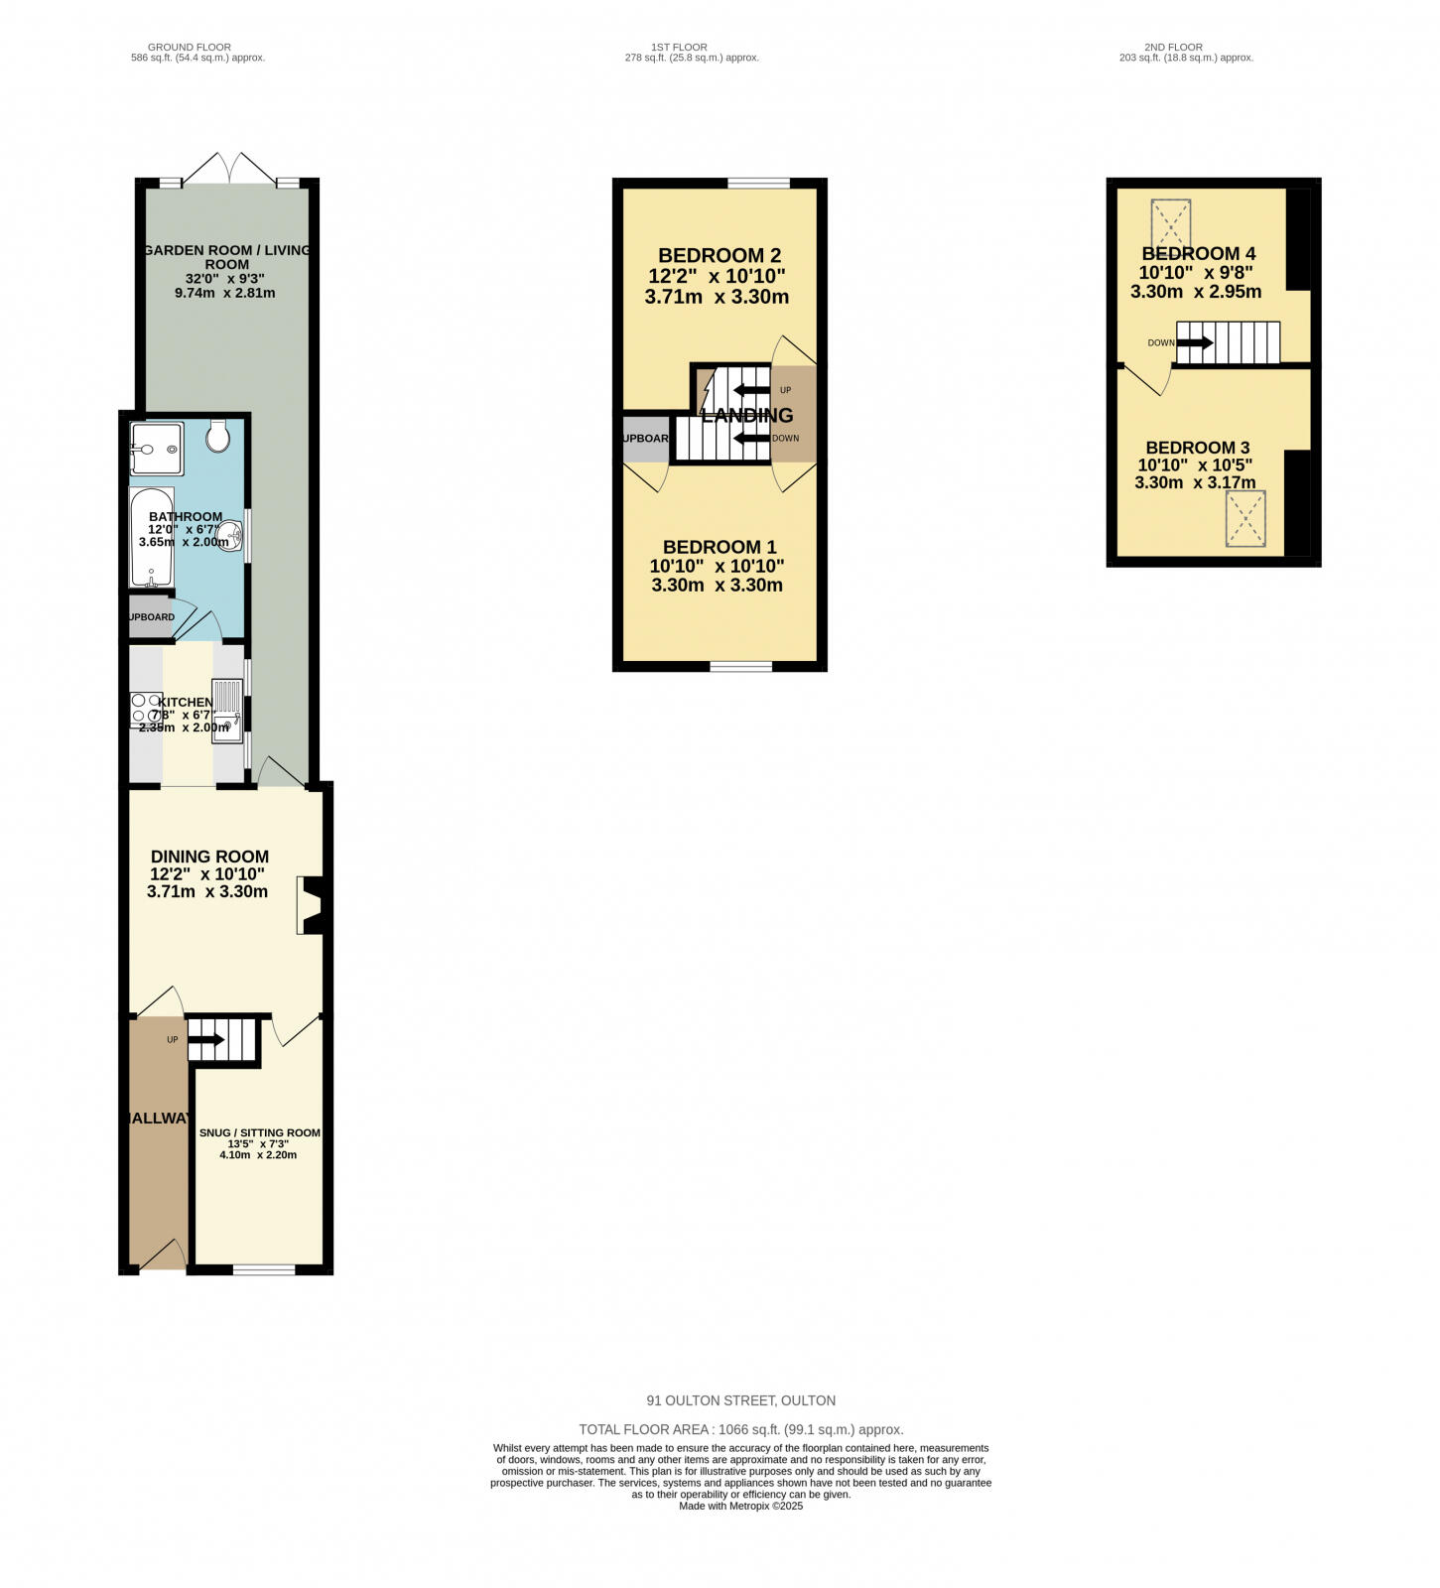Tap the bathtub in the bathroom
(x=151, y=537)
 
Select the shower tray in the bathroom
(x=157, y=449)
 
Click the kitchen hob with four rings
(x=147, y=708)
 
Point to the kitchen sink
(x=226, y=710)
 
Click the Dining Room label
(x=209, y=857)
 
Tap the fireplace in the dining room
(x=313, y=905)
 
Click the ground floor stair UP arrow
(x=206, y=1039)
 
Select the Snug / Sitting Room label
(x=259, y=1132)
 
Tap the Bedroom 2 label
(x=718, y=255)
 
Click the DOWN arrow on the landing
(x=751, y=438)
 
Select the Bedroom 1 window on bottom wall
(x=740, y=666)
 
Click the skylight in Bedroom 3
(x=1245, y=518)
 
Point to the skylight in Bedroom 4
(x=1170, y=223)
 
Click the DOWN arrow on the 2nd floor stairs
(x=1195, y=342)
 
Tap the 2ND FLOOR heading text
(x=1173, y=47)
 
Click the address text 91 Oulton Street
(x=740, y=1400)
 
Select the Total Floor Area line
(x=740, y=1429)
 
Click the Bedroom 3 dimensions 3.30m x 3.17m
(x=1195, y=482)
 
